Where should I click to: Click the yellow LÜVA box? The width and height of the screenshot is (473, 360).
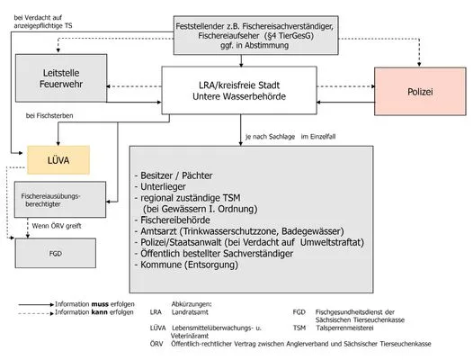pyautogui.click(x=58, y=160)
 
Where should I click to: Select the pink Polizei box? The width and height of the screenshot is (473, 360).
pyautogui.click(x=420, y=92)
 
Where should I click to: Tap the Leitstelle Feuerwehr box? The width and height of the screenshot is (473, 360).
pyautogui.click(x=61, y=78)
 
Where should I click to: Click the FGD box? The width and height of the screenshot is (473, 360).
pyautogui.click(x=56, y=253)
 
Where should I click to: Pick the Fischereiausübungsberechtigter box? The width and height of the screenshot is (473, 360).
pyautogui.click(x=60, y=200)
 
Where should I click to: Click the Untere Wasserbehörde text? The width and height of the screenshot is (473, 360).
pyautogui.click(x=239, y=96)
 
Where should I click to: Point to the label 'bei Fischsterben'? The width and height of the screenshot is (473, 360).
pyautogui.click(x=49, y=116)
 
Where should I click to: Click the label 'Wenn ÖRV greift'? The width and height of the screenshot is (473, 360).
pyautogui.click(x=57, y=226)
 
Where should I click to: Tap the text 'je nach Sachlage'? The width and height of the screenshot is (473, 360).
pyautogui.click(x=271, y=137)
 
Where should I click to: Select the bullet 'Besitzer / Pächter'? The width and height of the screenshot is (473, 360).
pyautogui.click(x=176, y=175)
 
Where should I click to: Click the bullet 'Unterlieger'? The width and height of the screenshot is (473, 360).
pyautogui.click(x=163, y=186)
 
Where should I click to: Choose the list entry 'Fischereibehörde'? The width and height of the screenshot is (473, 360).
pyautogui.click(x=175, y=220)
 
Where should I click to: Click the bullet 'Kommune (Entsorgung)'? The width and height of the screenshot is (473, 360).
pyautogui.click(x=189, y=265)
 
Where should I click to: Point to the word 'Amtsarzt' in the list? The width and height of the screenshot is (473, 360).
pyautogui.click(x=158, y=231)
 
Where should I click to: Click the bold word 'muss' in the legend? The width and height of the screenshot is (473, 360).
pyautogui.click(x=100, y=304)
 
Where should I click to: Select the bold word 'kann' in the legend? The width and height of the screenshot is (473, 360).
pyautogui.click(x=99, y=312)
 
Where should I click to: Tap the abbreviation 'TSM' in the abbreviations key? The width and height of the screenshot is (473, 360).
pyautogui.click(x=299, y=328)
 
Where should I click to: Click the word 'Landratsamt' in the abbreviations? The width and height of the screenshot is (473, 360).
pyautogui.click(x=190, y=312)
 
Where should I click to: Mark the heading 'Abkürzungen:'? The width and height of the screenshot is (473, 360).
pyautogui.click(x=192, y=304)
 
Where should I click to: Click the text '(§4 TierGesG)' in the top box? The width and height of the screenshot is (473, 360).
pyautogui.click(x=289, y=36)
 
